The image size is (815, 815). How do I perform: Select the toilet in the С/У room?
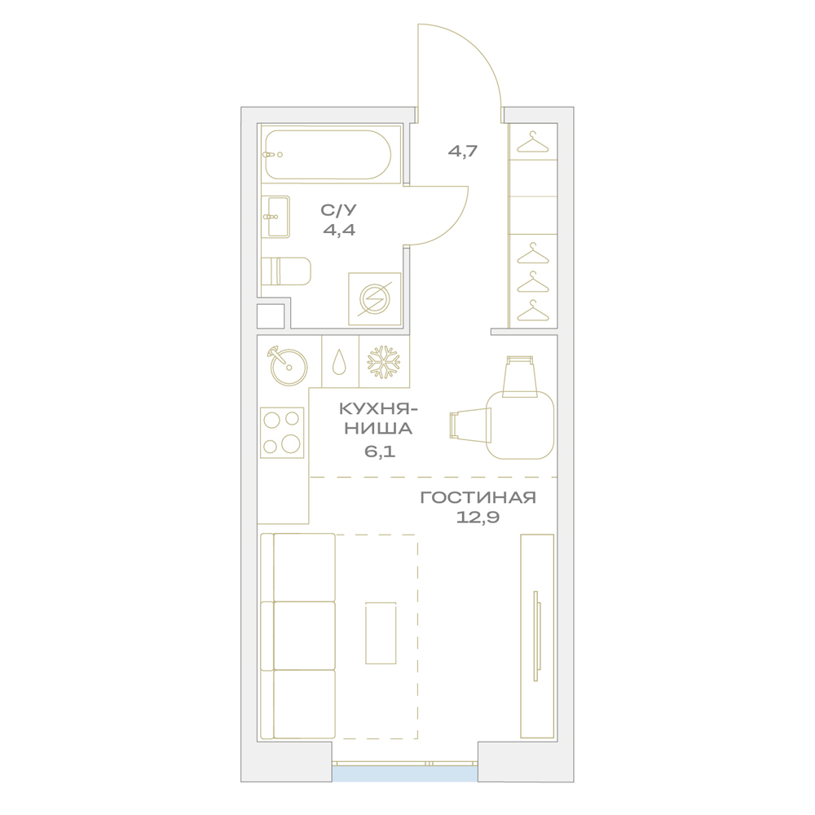click(285, 271)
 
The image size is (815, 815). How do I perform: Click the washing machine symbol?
click(375, 299)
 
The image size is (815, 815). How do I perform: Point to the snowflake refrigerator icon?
click(384, 362)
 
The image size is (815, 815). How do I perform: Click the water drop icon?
click(339, 361)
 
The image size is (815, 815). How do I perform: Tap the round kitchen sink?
click(288, 366)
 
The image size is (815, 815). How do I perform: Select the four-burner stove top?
click(282, 433)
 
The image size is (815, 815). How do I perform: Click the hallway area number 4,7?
click(463, 152)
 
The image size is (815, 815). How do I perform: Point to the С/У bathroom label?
click(339, 210)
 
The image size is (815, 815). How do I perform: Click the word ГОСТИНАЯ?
click(478, 497)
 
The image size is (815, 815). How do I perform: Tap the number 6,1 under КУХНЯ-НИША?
click(380, 452)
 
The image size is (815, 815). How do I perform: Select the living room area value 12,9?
click(478, 518)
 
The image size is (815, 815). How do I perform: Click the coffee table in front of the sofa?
click(381, 633)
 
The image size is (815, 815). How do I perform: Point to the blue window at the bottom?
click(405, 773)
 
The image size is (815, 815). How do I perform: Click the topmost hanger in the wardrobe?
click(533, 143)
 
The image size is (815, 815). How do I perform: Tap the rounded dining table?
click(520, 425)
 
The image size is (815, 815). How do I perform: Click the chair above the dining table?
click(520, 377)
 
